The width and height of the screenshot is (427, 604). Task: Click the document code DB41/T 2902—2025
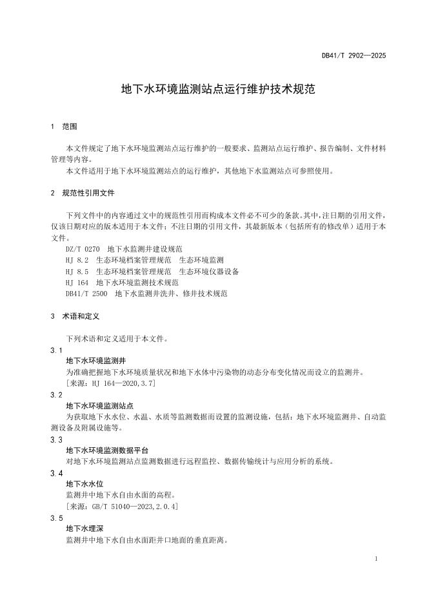pos(353,56)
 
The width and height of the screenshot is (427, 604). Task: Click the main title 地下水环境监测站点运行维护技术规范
pos(218,88)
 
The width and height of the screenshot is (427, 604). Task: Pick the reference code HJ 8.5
pos(77,271)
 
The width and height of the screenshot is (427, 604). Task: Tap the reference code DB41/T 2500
pos(86,294)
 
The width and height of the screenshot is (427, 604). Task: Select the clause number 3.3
pos(56,439)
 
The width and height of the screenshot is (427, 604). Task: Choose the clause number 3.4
pos(56,473)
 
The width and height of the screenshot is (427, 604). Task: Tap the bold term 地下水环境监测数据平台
pos(108,450)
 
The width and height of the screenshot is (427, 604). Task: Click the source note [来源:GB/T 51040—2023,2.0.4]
pos(122,507)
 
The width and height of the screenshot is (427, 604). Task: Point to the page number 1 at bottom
pos(376,559)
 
